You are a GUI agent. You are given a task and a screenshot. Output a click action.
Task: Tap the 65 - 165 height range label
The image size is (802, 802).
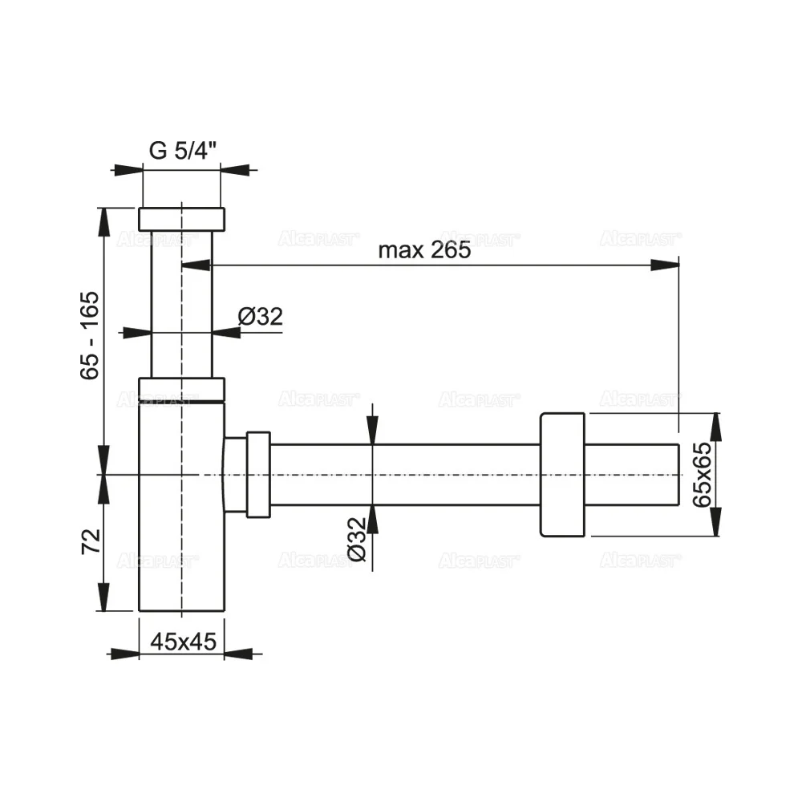[x=91, y=334]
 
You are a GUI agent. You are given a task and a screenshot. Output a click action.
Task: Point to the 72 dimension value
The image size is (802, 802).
[x=91, y=542]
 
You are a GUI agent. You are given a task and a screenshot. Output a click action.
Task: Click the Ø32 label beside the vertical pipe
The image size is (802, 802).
[x=261, y=317]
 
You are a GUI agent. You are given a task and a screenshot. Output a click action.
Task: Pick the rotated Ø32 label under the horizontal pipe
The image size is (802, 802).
[x=357, y=541]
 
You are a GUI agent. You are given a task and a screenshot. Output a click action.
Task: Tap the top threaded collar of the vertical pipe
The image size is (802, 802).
[x=182, y=219]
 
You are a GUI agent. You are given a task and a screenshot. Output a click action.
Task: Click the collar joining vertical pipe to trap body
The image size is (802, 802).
[x=182, y=388]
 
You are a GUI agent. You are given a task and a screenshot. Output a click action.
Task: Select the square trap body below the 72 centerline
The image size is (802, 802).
[x=182, y=545]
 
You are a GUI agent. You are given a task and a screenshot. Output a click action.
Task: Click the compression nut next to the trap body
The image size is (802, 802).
[x=258, y=474]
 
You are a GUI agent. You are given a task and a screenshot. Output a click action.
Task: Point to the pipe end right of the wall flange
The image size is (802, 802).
[x=634, y=474]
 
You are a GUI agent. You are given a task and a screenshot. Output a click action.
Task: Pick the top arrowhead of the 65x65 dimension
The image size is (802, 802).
[x=715, y=425]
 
